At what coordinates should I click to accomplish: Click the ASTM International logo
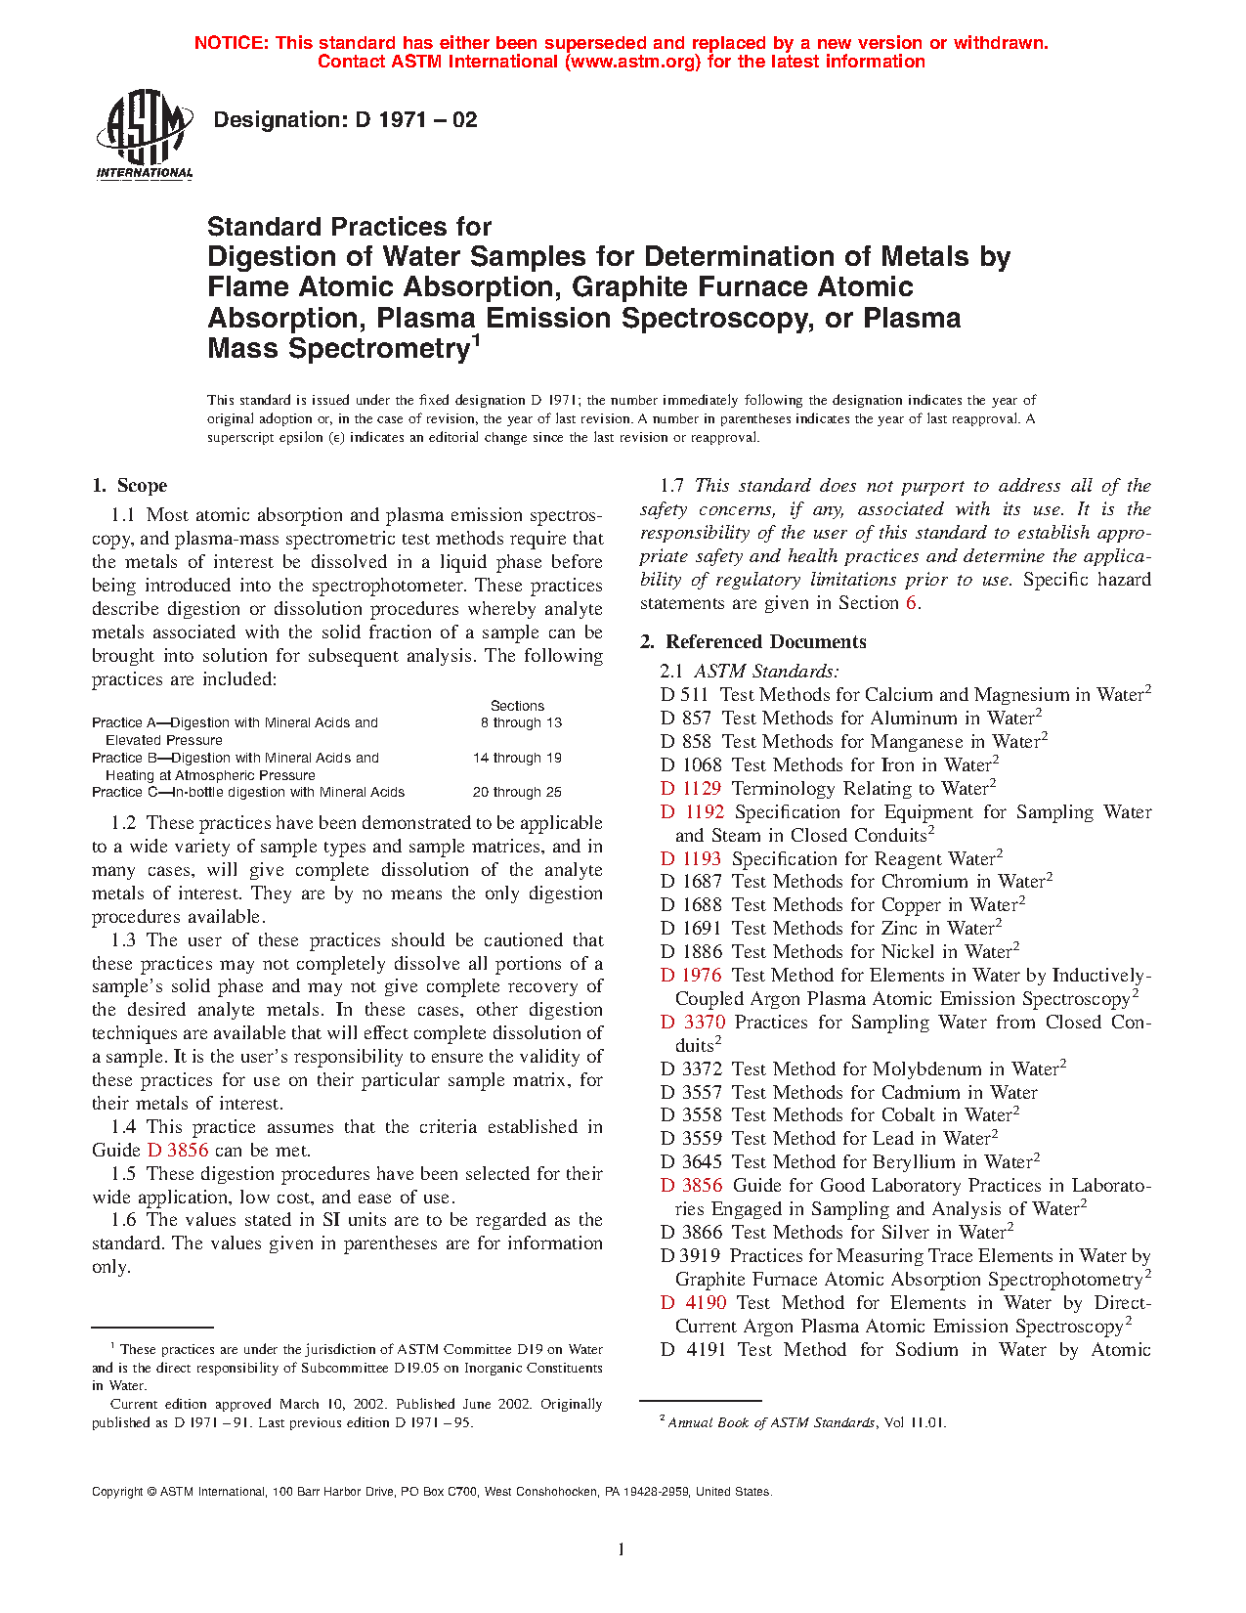(x=145, y=135)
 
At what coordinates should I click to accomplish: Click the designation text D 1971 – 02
(x=345, y=120)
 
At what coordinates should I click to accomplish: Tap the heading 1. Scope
(x=129, y=486)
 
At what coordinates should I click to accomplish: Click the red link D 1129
(x=691, y=789)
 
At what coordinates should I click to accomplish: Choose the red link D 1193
(x=691, y=859)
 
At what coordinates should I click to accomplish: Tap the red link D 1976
(x=691, y=976)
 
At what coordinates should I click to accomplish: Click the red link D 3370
(x=692, y=1023)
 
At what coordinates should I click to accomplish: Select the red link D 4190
(x=693, y=1303)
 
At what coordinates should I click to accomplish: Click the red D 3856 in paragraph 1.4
(x=178, y=1151)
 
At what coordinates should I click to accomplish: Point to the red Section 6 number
(x=911, y=603)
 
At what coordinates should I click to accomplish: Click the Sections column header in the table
(x=517, y=706)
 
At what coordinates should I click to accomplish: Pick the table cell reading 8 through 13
(x=521, y=723)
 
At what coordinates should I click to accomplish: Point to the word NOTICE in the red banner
(x=231, y=43)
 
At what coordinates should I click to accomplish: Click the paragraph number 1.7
(x=672, y=486)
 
